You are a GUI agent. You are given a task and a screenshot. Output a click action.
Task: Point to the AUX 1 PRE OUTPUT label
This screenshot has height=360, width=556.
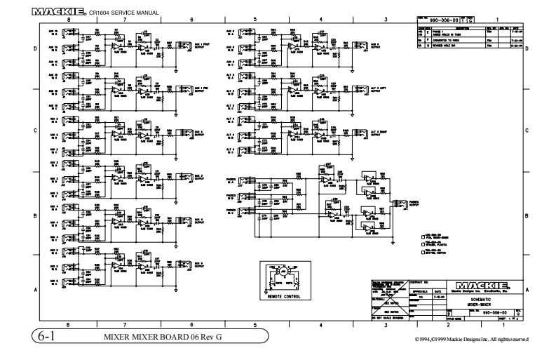[203, 90]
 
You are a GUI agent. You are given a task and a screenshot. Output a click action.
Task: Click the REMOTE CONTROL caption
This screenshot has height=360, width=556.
[285, 296]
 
